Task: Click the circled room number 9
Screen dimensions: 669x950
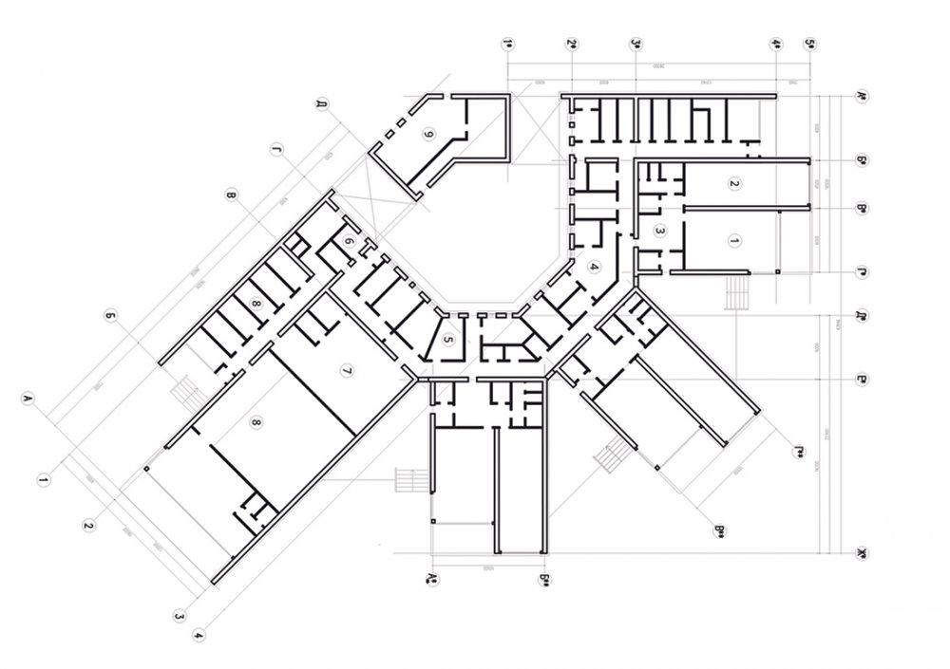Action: (x=428, y=135)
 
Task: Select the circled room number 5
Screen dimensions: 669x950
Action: (x=449, y=339)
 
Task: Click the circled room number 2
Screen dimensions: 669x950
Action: (x=733, y=182)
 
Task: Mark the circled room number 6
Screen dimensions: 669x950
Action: (x=350, y=244)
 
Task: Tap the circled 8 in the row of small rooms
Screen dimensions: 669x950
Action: (x=256, y=304)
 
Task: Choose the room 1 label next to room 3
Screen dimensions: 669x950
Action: (x=733, y=241)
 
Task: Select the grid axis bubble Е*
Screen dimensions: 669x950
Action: (x=861, y=377)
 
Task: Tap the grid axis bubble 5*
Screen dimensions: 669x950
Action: (x=809, y=44)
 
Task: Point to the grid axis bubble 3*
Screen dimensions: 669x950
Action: (x=636, y=44)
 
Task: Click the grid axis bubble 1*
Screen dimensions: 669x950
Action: (x=508, y=44)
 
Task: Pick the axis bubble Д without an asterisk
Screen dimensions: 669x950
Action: (x=322, y=102)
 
